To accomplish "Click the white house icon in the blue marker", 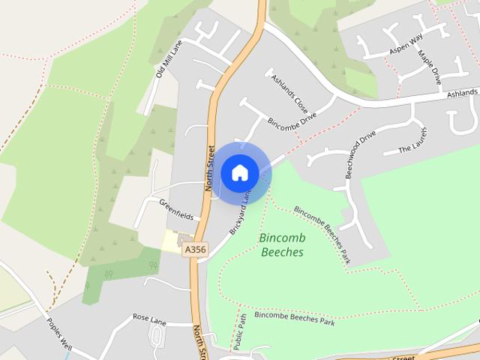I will click(x=239, y=172).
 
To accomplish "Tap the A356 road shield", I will click(x=194, y=249).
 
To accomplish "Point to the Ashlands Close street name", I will click(x=289, y=88).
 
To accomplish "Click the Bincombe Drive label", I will click(x=292, y=118).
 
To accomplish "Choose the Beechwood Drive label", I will click(x=360, y=155).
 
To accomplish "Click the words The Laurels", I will click(x=412, y=143).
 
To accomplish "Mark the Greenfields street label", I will click(x=176, y=210).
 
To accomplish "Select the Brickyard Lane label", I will click(x=238, y=214).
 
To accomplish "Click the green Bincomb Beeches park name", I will click(x=281, y=245).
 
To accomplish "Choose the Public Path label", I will click(x=241, y=331).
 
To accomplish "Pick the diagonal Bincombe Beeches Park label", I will click(x=322, y=233).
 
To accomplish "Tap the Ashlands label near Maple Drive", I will click(x=463, y=92).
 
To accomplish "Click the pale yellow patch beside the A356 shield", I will click(x=172, y=241).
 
